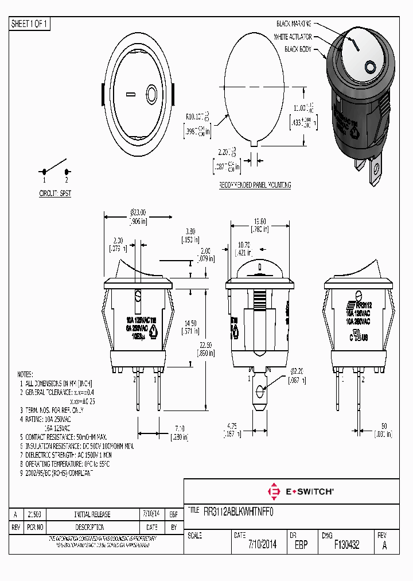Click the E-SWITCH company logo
click(x=301, y=491)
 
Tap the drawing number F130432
click(x=346, y=545)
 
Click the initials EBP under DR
click(x=301, y=545)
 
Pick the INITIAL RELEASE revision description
click(x=92, y=514)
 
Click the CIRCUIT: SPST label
click(x=55, y=194)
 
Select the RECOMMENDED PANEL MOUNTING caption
click(x=255, y=185)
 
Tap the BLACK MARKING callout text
click(x=293, y=24)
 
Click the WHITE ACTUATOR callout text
click(x=293, y=37)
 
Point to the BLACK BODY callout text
click(x=298, y=50)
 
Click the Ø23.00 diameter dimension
click(x=138, y=212)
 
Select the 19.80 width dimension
click(x=259, y=221)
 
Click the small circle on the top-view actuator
click(x=151, y=94)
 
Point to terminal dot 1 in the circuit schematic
click(x=44, y=172)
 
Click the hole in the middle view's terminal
click(x=260, y=392)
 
